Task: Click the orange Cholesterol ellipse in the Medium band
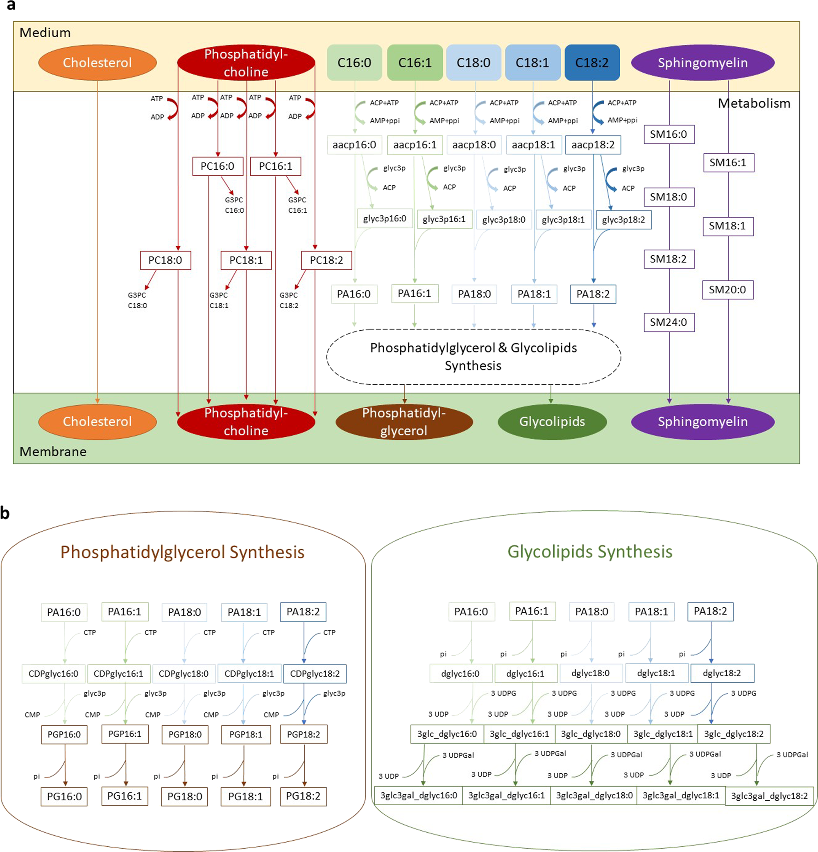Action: coord(97,63)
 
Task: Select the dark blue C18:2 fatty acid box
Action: coord(591,63)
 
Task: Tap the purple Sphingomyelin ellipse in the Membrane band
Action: coord(702,421)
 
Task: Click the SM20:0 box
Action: coord(727,290)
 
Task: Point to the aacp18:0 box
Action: coord(474,145)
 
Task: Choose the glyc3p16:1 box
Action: coord(444,219)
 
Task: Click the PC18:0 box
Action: coord(165,260)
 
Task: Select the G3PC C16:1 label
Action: coord(297,205)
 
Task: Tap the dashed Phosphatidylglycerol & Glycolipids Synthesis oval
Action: coord(473,357)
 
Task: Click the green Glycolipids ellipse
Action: coord(552,421)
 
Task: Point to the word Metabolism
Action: coord(754,103)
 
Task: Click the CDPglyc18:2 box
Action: coord(315,674)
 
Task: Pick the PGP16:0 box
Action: coord(64,735)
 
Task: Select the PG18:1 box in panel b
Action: coord(245,796)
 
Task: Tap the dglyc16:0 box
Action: coord(460,674)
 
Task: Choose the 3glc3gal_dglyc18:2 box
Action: coord(769,796)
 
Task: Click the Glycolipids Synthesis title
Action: coord(589,552)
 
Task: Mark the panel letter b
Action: coord(5,513)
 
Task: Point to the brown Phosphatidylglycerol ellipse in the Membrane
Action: coord(403,421)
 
